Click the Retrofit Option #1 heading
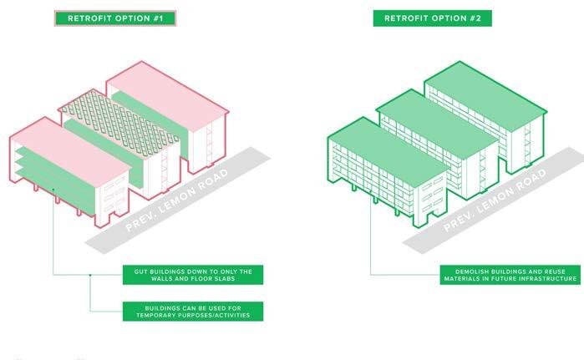pyautogui.click(x=115, y=18)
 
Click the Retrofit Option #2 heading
pyautogui.click(x=432, y=18)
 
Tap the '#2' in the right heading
pyautogui.click(x=480, y=18)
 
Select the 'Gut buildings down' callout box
pyautogui.click(x=193, y=275)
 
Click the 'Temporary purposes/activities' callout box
pyautogui.click(x=193, y=312)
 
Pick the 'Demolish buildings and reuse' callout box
pyautogui.click(x=511, y=275)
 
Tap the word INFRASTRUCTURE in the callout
pyautogui.click(x=546, y=279)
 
